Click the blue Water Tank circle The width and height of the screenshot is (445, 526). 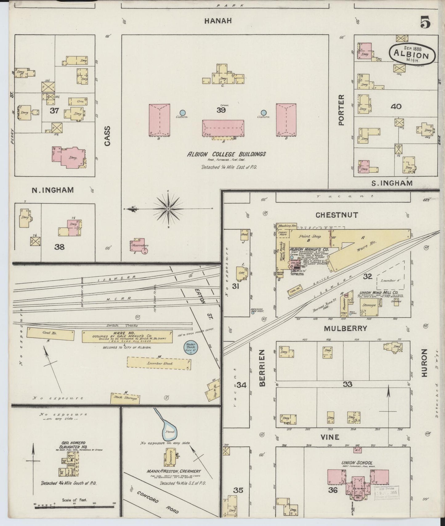[191, 348]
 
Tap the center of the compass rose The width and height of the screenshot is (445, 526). [168, 209]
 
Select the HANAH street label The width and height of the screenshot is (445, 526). [218, 21]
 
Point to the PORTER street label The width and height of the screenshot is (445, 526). [341, 110]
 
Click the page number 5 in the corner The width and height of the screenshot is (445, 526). [426, 22]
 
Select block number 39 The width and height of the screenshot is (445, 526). [221, 110]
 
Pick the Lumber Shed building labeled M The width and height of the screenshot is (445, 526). [159, 363]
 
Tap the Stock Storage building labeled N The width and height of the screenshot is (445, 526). [125, 398]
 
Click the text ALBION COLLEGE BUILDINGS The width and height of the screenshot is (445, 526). [226, 154]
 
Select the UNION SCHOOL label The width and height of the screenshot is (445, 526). [357, 463]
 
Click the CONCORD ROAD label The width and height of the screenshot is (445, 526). [154, 501]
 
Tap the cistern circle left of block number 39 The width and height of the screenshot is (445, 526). [183, 113]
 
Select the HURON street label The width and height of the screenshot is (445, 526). [425, 363]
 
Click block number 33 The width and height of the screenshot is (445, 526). [348, 384]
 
